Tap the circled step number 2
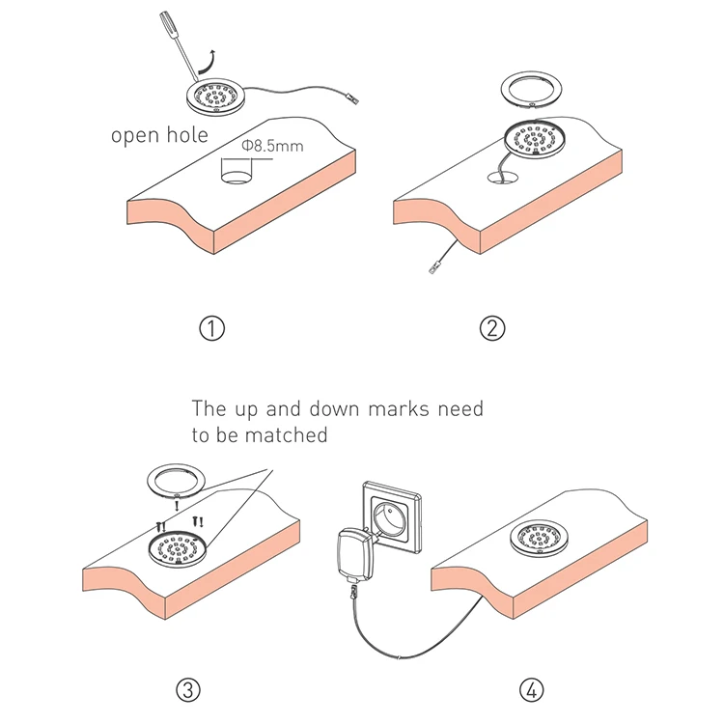point(493,327)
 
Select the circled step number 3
point(189,688)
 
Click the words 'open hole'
point(159,134)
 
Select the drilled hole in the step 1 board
point(233,178)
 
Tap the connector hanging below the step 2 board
point(433,266)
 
